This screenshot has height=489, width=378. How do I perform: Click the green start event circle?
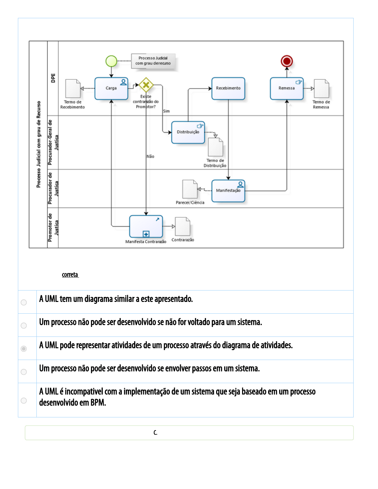[x=111, y=61]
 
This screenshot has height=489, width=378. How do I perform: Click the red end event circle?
[x=287, y=61]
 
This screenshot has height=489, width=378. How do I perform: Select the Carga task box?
[x=111, y=88]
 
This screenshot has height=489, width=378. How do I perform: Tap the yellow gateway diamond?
[x=146, y=85]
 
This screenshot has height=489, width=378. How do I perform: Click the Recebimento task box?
[x=228, y=88]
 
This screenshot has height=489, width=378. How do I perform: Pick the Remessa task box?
[x=287, y=88]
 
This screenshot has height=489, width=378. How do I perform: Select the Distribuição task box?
[x=188, y=132]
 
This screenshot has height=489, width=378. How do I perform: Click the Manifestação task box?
[x=228, y=191]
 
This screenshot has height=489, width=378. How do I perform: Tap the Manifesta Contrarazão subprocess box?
[x=146, y=226]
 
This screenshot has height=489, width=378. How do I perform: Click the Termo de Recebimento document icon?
[x=73, y=89]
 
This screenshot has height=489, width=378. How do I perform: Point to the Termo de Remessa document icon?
[x=321, y=89]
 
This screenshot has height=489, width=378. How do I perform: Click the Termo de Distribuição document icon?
[x=216, y=147]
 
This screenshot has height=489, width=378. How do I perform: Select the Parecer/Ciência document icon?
[x=190, y=189]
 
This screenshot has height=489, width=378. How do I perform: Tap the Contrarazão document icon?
[x=183, y=226]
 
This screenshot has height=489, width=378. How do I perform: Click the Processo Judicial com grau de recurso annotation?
[x=153, y=61]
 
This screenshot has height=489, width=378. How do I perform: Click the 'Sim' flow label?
[x=166, y=111]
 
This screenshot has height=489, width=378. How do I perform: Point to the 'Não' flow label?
[x=150, y=157]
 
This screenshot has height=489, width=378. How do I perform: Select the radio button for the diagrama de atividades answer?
[x=24, y=349]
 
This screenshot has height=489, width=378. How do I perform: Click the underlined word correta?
[x=70, y=275]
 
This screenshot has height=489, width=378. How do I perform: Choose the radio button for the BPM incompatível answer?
[x=24, y=400]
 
